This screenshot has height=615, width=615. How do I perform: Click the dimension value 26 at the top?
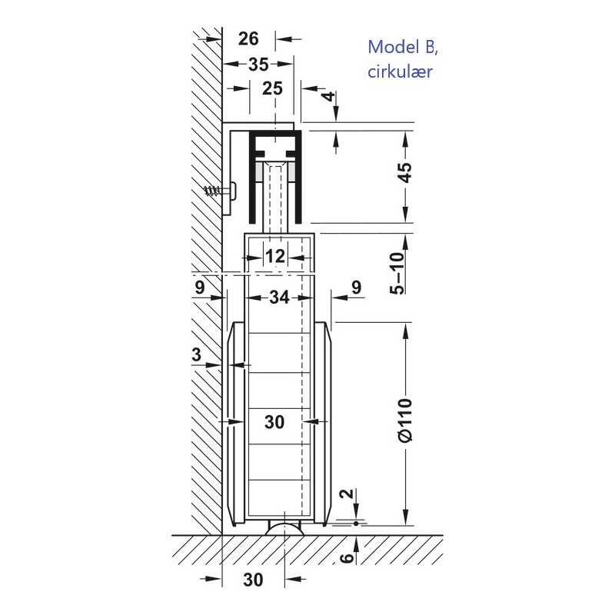(248, 39)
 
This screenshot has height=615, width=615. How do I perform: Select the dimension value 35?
(258, 65)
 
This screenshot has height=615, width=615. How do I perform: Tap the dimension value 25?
(273, 88)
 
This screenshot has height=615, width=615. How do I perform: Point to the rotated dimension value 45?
(406, 171)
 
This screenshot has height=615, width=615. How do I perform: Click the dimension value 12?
(275, 256)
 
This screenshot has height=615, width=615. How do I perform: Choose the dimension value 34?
(279, 298)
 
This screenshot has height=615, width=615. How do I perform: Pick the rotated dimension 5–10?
(397, 273)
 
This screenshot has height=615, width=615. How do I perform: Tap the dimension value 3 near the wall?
(197, 354)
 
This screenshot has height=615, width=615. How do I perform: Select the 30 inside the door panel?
(274, 422)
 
